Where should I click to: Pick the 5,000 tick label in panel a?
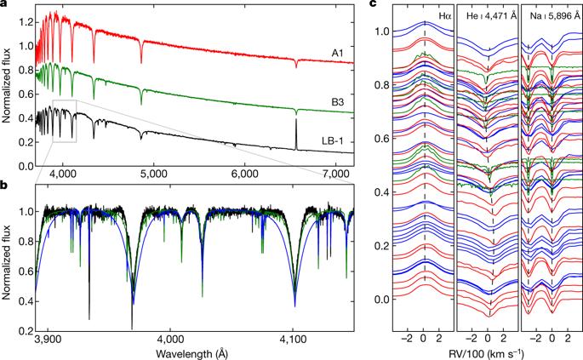pos(152,174)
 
